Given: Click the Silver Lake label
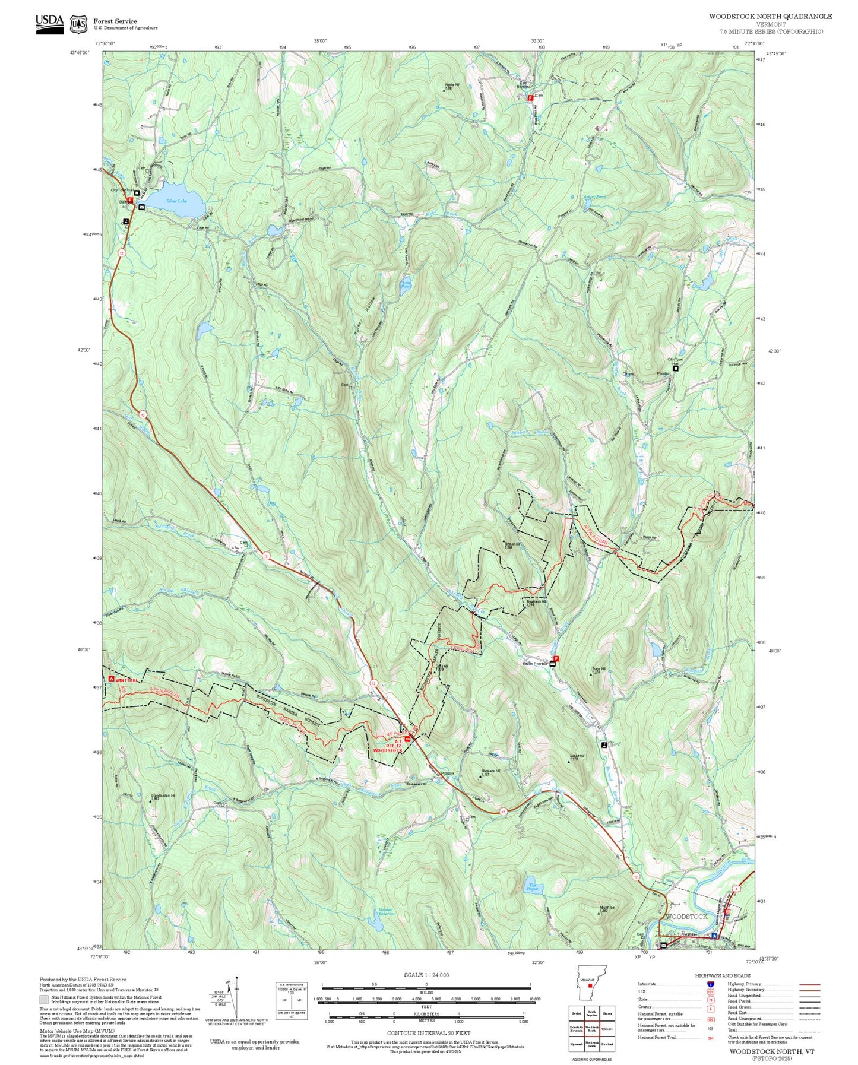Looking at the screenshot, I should tap(176, 201).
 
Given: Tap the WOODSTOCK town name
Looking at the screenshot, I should tap(686, 916).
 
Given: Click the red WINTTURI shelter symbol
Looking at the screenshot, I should tap(111, 679).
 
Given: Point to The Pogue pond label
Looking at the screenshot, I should tap(533, 888).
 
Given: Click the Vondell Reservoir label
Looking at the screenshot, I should tap(387, 912).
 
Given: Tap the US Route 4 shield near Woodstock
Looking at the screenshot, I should tap(736, 888).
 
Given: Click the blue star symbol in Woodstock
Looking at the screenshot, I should tap(714, 936).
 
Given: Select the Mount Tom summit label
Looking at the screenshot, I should tap(606, 908).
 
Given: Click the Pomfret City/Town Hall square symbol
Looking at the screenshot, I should tap(676, 368).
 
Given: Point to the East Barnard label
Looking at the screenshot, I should tap(523, 85).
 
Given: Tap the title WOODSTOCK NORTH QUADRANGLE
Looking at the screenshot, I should tap(770, 17).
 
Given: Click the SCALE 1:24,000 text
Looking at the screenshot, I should tap(426, 975).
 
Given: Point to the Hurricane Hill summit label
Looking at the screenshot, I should tap(490, 772).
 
